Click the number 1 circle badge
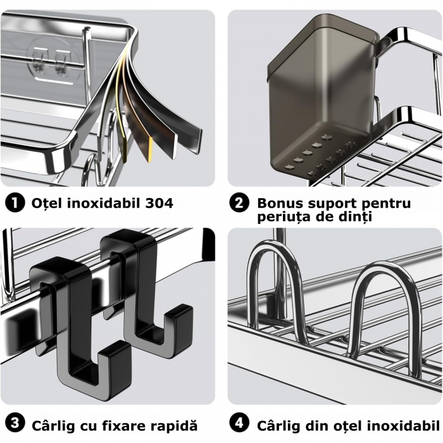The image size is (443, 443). [14, 203]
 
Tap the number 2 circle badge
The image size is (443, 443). [239, 203]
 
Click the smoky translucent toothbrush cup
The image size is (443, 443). [320, 101]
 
